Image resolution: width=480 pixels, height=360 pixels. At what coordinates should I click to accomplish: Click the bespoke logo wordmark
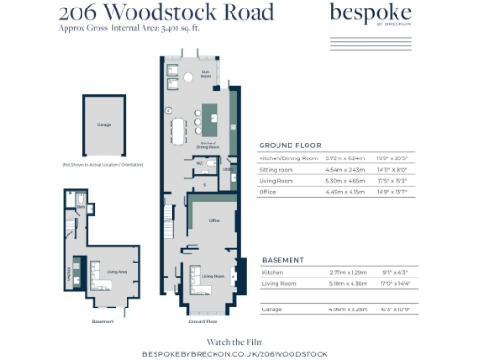(370, 14)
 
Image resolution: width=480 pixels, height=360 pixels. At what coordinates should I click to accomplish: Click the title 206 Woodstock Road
(167, 12)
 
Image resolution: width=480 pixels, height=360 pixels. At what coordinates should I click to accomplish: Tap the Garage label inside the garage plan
(105, 124)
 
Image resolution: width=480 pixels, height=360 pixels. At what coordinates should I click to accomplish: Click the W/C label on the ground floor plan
(200, 162)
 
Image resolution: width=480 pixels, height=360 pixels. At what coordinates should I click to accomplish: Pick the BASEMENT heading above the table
(282, 259)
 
